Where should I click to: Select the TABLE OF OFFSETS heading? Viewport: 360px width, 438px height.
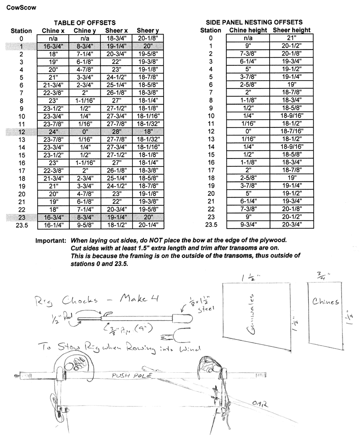pos(85,22)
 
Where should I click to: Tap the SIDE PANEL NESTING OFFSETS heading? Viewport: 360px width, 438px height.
pos(254,22)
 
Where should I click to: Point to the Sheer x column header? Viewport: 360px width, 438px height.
pos(116,30)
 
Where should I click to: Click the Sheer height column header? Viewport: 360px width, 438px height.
pos(292,30)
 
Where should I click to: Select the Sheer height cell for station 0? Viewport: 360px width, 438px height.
pos(292,38)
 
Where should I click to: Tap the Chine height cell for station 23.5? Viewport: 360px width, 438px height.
pos(248,226)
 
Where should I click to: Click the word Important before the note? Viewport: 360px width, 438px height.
pos(51,241)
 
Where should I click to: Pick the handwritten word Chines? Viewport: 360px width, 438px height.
pos(326,302)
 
